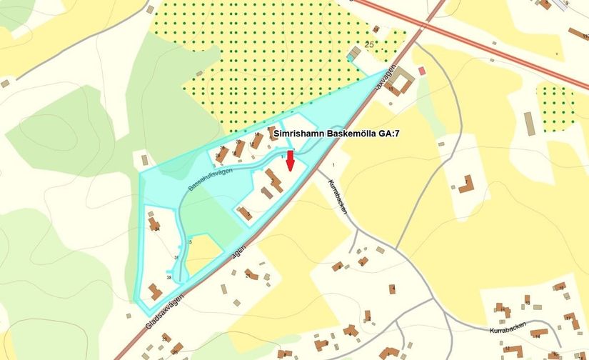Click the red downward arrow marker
coord(290,161)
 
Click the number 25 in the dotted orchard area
coord(369,45)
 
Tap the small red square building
coord(422,70)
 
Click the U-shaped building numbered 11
coord(401,83)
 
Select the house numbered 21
coord(251,274)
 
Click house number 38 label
coord(169,277)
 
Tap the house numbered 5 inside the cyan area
coord(245,212)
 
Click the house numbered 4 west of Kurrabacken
coord(392,289)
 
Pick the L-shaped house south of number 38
coord(154,291)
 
